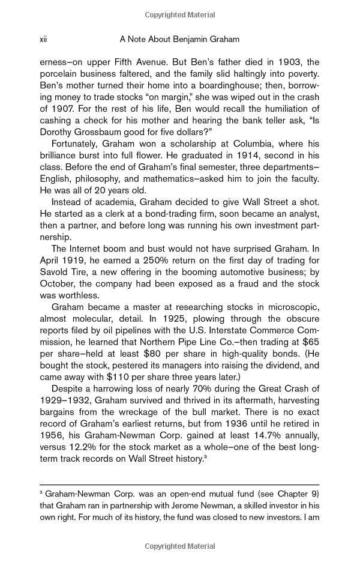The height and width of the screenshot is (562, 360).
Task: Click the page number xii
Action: pos(43,40)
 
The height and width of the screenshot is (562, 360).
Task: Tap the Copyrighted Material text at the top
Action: pos(180,13)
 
